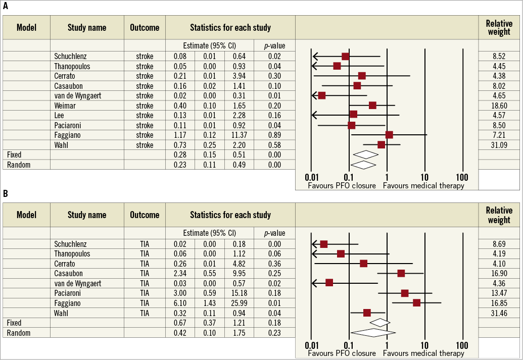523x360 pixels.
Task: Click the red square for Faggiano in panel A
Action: tap(389, 135)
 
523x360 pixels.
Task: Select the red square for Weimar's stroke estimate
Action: tap(372, 105)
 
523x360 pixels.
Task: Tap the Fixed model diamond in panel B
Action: tap(380, 322)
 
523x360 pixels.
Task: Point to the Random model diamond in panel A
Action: tap(363, 165)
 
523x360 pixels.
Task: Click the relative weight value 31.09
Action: tap(499, 145)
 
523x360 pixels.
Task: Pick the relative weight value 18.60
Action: tap(499, 106)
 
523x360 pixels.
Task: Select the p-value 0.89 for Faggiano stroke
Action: tap(274, 135)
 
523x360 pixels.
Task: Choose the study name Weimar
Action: tap(66, 106)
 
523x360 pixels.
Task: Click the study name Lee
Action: tap(60, 116)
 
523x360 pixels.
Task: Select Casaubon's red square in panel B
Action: tap(401, 273)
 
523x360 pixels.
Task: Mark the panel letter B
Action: tap(6, 193)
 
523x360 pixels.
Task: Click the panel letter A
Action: tap(6, 6)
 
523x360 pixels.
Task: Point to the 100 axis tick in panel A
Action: tap(461, 178)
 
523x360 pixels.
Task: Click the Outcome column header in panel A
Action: tap(145, 27)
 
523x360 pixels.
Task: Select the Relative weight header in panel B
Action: tap(499, 215)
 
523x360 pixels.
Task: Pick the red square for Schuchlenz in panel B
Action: tap(324, 244)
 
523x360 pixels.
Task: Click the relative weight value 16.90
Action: tap(499, 273)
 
